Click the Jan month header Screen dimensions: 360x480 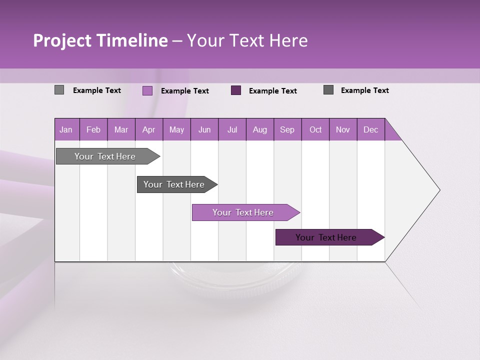(x=66, y=129)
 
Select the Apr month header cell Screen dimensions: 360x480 (x=149, y=129)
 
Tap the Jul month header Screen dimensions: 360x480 (x=232, y=129)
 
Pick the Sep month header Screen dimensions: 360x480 (x=287, y=129)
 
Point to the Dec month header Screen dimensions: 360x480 (x=371, y=129)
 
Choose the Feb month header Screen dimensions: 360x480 (x=93, y=129)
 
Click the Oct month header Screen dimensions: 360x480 (x=315, y=129)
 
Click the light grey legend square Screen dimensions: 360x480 (x=59, y=90)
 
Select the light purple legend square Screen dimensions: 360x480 (x=147, y=90)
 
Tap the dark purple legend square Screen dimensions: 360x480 (x=236, y=90)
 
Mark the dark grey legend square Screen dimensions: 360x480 (x=328, y=90)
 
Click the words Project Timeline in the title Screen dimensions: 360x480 (x=100, y=40)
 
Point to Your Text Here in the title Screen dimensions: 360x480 (x=247, y=40)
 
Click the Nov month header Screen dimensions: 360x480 (x=343, y=129)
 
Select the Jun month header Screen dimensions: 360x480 (x=204, y=129)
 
